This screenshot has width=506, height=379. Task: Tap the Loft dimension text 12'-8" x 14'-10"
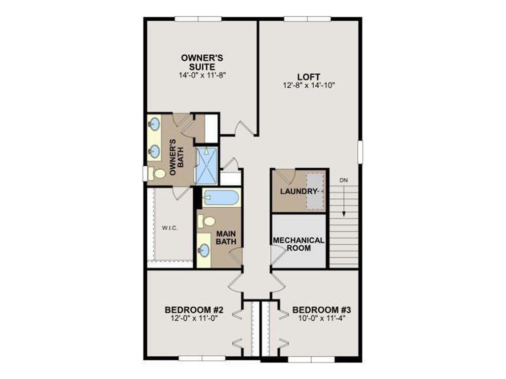tap(309, 85)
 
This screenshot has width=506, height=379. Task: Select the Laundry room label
tap(298, 191)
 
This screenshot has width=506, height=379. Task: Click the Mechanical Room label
tap(298, 244)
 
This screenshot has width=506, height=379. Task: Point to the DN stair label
tap(344, 180)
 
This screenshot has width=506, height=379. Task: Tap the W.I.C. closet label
tap(169, 228)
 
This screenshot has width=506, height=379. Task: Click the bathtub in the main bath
tap(221, 198)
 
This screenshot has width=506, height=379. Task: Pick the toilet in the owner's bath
tap(158, 174)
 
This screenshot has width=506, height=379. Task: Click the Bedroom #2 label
tap(195, 310)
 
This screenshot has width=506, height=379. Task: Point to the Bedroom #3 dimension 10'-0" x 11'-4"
tap(321, 318)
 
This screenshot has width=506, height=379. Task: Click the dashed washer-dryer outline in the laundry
tap(314, 191)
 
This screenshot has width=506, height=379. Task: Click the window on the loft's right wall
tap(361, 151)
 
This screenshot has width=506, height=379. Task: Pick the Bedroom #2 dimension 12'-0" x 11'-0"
tap(195, 318)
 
